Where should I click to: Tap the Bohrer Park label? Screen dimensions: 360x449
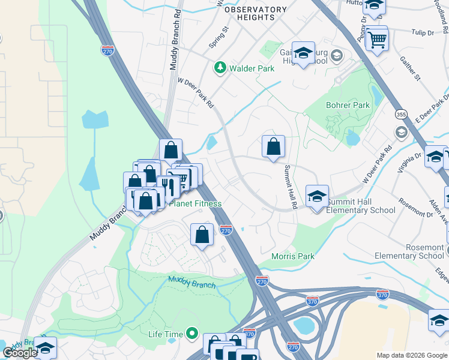coord(348,105)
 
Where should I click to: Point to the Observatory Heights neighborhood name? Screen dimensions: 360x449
coord(256,13)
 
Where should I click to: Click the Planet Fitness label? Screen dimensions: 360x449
coord(195,203)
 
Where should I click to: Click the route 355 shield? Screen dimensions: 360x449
coord(402,113)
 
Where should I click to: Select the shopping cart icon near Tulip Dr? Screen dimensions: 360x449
coord(378,40)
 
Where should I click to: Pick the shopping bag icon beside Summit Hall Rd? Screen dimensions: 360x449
coord(273,146)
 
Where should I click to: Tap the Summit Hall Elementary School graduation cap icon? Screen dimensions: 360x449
coord(317,196)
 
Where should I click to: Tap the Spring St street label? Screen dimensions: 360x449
coord(218,38)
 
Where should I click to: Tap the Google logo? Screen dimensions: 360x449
coord(20,353)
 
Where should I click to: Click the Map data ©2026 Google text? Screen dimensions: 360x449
coord(412,355)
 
